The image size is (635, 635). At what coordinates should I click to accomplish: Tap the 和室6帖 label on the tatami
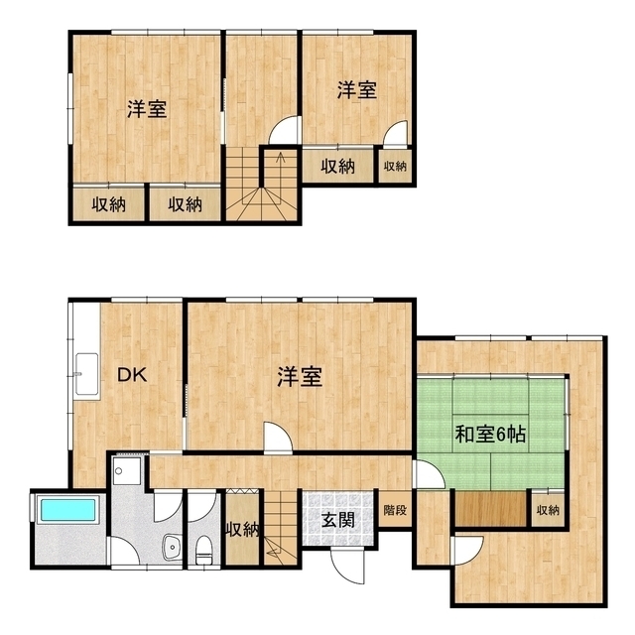click(490, 434)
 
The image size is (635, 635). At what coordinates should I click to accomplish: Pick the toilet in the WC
click(204, 545)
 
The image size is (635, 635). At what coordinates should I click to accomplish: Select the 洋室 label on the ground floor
click(299, 376)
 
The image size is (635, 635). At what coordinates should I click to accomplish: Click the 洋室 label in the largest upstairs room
click(146, 109)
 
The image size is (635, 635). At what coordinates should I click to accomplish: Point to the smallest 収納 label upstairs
click(395, 166)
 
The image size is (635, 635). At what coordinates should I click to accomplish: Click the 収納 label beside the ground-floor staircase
click(242, 529)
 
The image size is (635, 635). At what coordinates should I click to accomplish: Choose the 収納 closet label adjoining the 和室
click(546, 510)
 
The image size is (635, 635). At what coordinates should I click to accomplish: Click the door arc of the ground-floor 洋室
click(277, 438)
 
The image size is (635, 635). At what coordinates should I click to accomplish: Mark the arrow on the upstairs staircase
click(281, 159)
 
